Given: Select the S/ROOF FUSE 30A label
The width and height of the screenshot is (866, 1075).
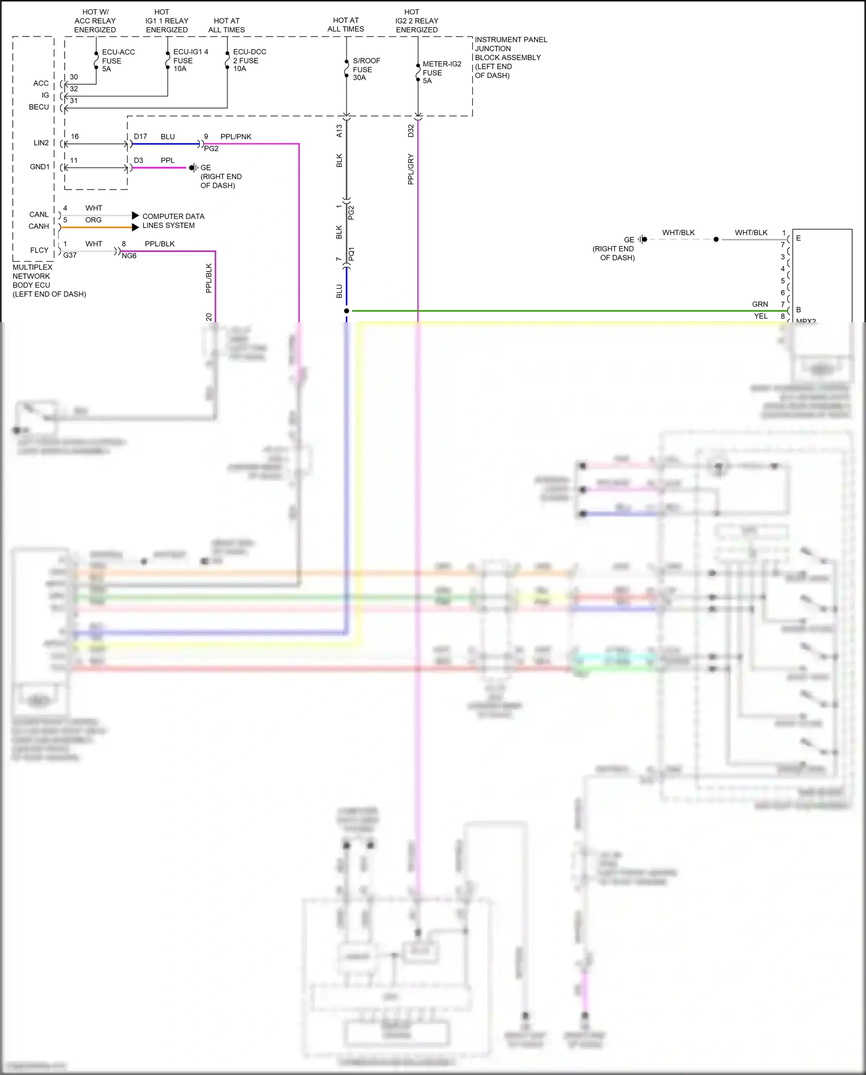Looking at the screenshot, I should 365,69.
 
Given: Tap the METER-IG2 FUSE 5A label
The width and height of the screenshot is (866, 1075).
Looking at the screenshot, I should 441,72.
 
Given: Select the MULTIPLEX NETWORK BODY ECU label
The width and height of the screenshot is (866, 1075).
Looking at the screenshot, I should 48,281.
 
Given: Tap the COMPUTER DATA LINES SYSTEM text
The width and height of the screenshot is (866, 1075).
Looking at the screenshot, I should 173,221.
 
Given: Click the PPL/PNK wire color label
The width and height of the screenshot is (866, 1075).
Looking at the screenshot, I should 236,137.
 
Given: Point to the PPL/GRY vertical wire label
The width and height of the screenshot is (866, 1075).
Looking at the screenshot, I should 411,169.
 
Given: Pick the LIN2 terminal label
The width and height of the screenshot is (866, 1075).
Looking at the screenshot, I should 41,143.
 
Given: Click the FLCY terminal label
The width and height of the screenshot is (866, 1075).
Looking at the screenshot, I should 39,250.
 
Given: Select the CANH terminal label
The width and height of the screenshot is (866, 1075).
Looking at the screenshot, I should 39,226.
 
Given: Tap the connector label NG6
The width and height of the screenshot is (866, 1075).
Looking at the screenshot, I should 129,256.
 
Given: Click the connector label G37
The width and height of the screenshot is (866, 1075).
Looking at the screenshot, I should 70,255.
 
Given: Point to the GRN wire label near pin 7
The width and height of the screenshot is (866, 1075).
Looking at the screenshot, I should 760,304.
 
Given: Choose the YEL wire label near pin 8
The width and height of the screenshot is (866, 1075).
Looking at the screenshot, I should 760,317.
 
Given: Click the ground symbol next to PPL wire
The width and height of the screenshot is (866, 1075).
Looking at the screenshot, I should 193,168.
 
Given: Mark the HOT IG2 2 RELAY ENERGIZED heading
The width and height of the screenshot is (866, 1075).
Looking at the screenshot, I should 416,21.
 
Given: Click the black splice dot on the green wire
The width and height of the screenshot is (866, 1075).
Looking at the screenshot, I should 346,311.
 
